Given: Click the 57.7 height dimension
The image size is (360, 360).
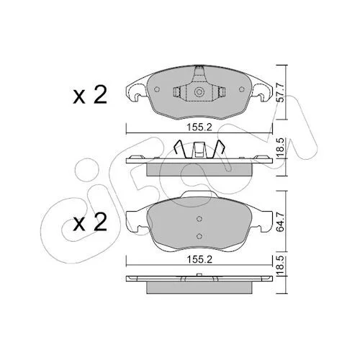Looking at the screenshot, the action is pyautogui.click(x=280, y=92).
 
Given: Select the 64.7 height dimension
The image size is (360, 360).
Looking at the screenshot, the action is pyautogui.click(x=280, y=222).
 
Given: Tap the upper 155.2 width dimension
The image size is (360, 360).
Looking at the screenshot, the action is pyautogui.click(x=199, y=127).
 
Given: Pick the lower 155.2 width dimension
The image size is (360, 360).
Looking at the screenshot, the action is pyautogui.click(x=199, y=259).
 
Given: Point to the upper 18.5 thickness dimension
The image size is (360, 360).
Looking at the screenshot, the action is pyautogui.click(x=280, y=148).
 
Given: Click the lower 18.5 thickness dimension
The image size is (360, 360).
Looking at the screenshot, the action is pyautogui.click(x=280, y=266).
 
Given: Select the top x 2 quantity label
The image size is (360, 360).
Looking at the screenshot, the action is pyautogui.click(x=90, y=95).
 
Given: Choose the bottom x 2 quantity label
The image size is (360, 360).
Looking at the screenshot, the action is pyautogui.click(x=90, y=222).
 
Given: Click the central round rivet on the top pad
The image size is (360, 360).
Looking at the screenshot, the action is pyautogui.click(x=199, y=92).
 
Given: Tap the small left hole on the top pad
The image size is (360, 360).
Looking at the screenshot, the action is pyautogui.click(x=157, y=89).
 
